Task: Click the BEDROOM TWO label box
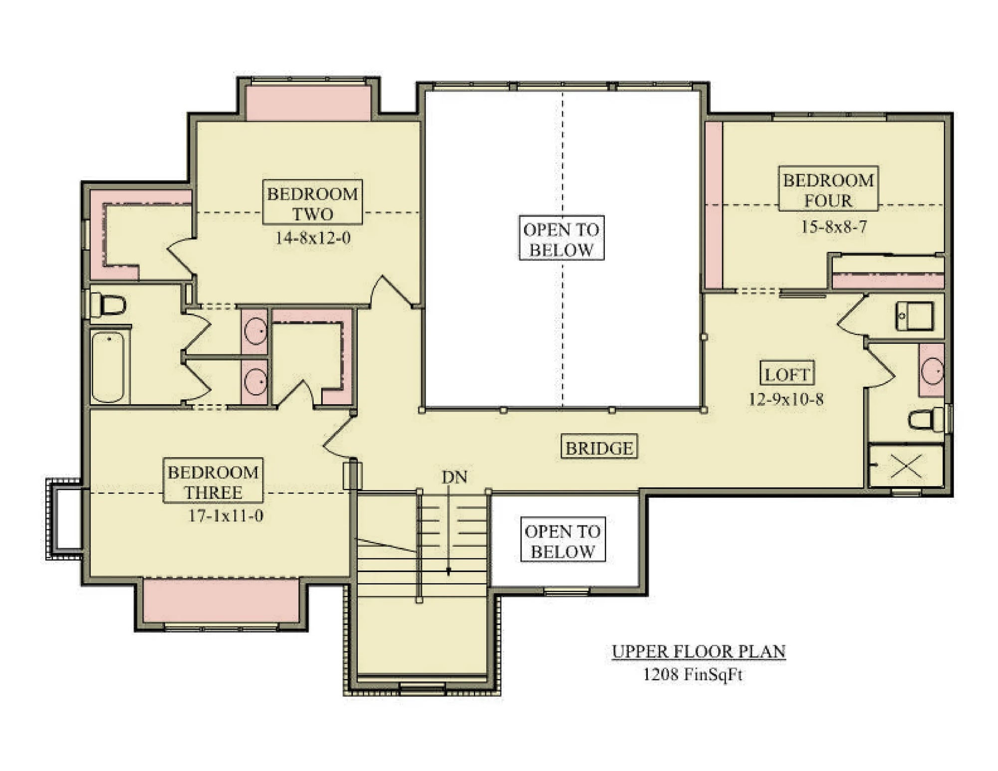[312, 202]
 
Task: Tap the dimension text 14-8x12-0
[313, 238]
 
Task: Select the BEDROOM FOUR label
[828, 189]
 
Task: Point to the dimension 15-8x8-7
[834, 227]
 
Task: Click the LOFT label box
[787, 373]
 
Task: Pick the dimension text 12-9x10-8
[786, 399]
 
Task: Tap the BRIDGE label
[599, 447]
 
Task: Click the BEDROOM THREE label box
[213, 481]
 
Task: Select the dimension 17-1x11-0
[226, 515]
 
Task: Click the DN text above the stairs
[454, 477]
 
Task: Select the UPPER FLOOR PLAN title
[699, 651]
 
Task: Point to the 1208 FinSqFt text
[693, 674]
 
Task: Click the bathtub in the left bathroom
[108, 367]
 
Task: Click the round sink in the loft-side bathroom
[932, 371]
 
